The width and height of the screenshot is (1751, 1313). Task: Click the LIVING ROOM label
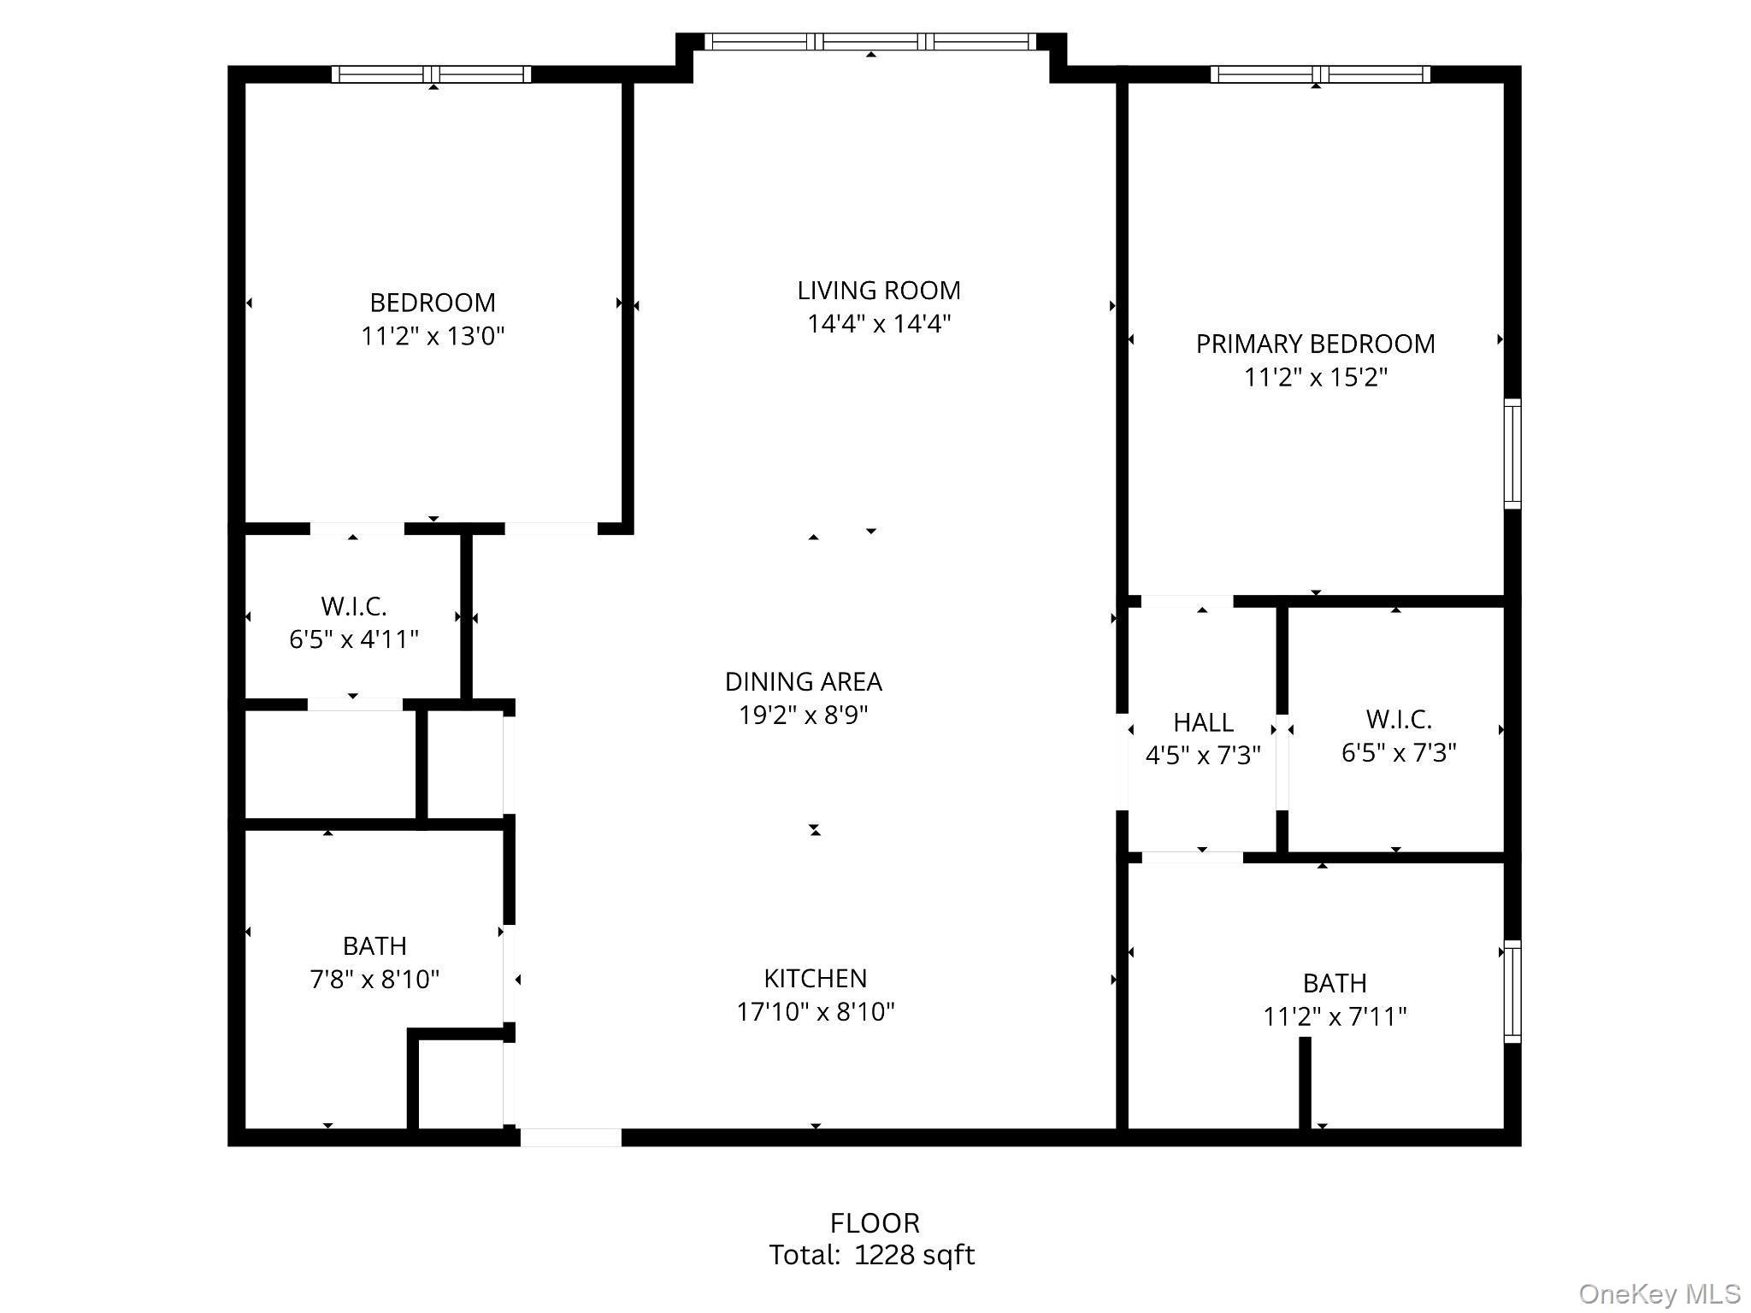878,291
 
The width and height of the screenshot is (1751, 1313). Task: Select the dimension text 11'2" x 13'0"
433,336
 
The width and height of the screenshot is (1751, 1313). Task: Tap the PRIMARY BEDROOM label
1315,344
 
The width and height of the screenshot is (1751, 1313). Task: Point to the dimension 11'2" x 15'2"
1315,377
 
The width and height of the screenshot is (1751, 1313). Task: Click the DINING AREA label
803,681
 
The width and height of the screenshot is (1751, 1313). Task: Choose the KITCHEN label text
815,978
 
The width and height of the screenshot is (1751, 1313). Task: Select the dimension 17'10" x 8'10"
815,1012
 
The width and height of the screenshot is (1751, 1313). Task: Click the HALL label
1203,723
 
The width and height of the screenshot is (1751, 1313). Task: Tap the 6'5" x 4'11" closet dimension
353,639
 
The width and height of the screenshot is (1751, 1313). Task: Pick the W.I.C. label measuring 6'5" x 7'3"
1398,719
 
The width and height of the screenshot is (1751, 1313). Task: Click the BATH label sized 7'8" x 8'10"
374,946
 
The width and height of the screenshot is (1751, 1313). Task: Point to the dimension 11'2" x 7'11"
1335,1016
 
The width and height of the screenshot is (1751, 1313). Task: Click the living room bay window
870,41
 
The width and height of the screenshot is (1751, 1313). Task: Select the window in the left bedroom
432,74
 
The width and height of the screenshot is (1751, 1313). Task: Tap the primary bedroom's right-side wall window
1512,454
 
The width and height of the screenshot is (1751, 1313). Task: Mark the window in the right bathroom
1512,992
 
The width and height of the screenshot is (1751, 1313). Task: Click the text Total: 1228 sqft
871,1255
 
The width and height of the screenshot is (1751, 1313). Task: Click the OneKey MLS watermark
1659,1294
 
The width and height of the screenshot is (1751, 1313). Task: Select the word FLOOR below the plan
875,1223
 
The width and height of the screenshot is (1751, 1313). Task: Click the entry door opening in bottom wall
570,1137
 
